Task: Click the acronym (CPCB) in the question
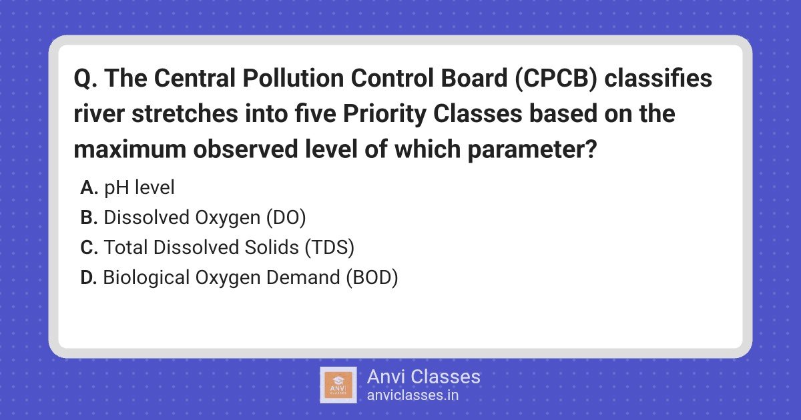point(556,78)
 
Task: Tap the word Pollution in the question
point(293,78)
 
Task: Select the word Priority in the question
point(384,114)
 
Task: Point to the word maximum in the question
point(129,149)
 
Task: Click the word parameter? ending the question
point(532,150)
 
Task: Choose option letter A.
point(89,187)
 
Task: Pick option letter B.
point(89,217)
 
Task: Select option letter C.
point(89,247)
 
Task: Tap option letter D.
point(89,277)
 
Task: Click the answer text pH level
point(139,188)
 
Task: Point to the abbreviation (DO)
point(286,218)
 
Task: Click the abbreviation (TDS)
point(329,247)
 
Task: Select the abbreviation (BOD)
point(372,278)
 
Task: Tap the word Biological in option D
point(146,278)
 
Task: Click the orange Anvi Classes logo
point(338,385)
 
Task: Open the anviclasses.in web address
point(413,395)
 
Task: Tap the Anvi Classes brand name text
point(424,377)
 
